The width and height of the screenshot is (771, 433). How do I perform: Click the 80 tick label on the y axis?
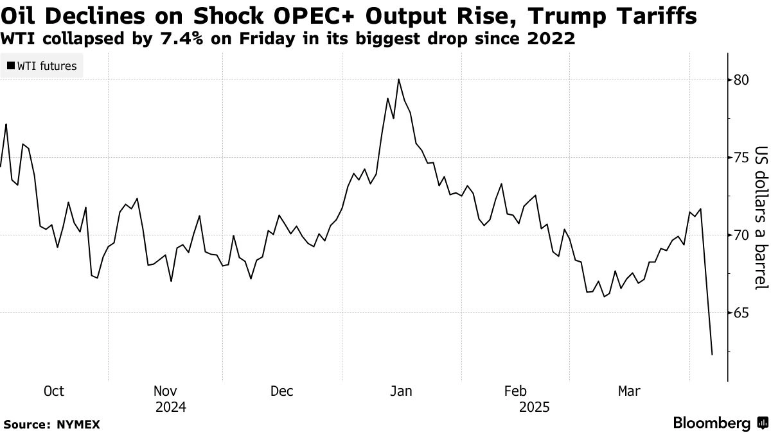(x=741, y=80)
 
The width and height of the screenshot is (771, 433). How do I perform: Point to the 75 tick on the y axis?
(x=741, y=157)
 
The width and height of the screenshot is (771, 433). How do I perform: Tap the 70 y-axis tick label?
(x=741, y=235)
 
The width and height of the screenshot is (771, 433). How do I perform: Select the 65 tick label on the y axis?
(x=741, y=312)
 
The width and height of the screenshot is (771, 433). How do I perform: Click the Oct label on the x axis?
(x=53, y=391)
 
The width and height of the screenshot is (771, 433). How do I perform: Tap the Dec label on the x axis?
(x=282, y=391)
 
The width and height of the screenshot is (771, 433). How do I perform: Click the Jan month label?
(x=402, y=391)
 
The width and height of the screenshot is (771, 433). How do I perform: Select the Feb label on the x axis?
(x=516, y=391)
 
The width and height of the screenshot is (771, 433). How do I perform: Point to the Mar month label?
(x=629, y=391)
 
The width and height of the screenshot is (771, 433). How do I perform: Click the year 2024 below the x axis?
(x=170, y=407)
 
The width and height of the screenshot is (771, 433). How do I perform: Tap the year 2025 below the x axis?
(x=533, y=407)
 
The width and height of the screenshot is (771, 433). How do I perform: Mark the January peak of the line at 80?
(x=399, y=79)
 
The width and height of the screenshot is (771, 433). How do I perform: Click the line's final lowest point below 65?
(x=712, y=354)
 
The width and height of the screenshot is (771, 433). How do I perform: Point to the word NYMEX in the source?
(x=78, y=424)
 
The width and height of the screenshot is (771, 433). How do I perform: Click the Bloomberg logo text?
(x=711, y=423)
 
